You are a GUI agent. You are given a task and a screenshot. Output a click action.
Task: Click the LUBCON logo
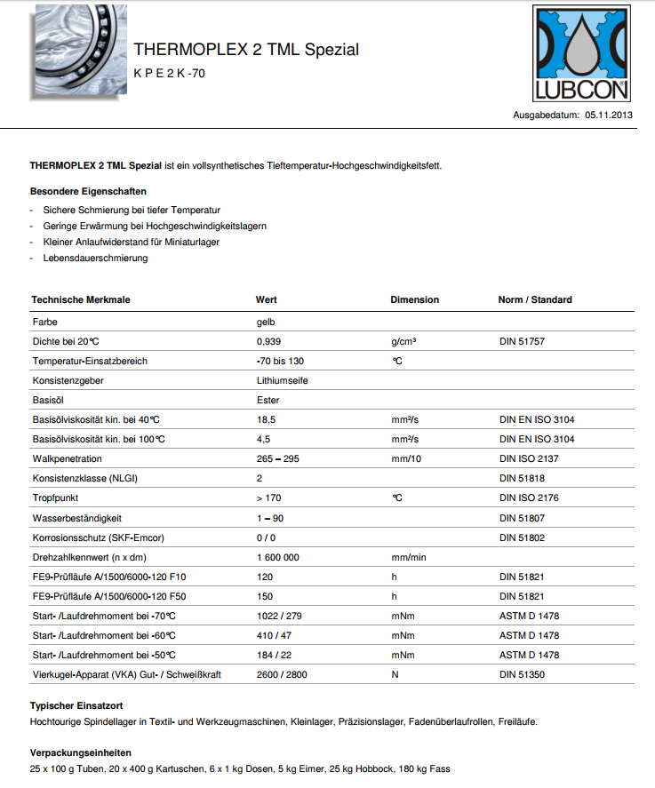click(581, 53)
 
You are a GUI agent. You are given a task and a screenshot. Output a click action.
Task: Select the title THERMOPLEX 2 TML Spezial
click(246, 50)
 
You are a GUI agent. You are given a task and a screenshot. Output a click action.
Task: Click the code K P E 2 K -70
click(169, 74)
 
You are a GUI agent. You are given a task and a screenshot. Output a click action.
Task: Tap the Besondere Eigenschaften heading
click(88, 191)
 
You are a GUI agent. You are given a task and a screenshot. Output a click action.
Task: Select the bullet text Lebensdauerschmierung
click(95, 258)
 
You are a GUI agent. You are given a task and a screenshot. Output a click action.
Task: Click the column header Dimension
click(415, 299)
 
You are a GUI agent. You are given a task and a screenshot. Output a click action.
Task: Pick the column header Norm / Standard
click(535, 299)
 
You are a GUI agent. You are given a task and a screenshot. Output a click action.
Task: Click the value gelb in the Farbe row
click(266, 322)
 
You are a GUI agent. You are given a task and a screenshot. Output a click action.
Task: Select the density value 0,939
click(268, 341)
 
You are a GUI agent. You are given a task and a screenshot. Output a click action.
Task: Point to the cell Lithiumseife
click(282, 380)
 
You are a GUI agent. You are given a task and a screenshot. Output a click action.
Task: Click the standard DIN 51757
click(523, 341)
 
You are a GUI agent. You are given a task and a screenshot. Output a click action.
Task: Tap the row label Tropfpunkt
click(55, 497)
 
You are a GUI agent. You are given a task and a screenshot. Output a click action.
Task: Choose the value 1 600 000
click(277, 557)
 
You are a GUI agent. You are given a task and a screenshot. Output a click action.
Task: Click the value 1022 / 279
click(280, 616)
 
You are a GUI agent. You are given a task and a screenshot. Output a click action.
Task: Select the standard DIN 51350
click(523, 674)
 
